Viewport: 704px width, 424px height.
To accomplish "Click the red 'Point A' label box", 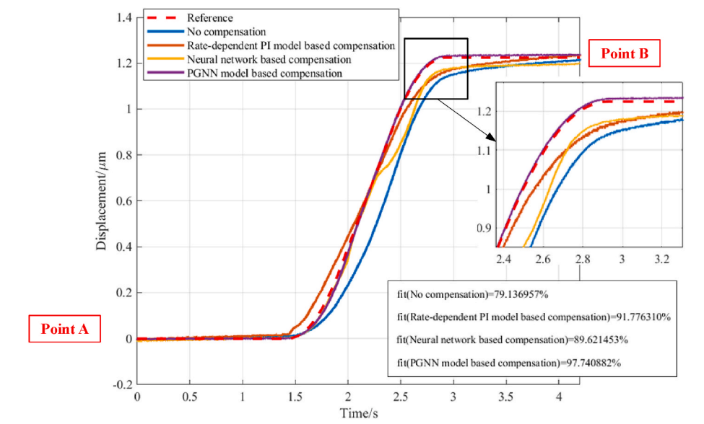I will coord(64,329).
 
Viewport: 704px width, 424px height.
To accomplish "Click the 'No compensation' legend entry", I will coord(226,32).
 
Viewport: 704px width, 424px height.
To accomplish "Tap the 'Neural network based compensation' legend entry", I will coord(269,59).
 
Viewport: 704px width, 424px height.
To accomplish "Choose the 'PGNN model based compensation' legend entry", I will coord(264,73).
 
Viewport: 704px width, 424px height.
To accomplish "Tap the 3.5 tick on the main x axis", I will coord(505,397).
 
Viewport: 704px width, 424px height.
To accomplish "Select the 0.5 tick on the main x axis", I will coord(190,397).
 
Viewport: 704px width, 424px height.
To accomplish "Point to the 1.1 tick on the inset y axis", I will coord(485,150).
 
